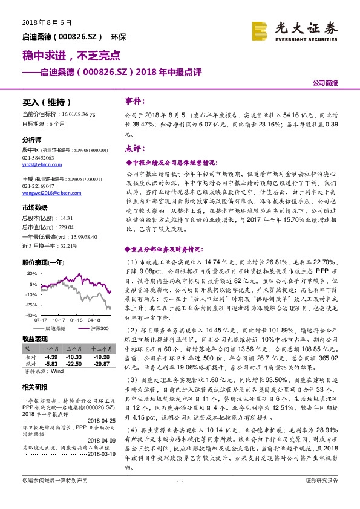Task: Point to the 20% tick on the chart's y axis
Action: tap(30, 274)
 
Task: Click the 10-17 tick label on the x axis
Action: tap(59, 320)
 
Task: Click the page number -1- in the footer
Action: tap(180, 497)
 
